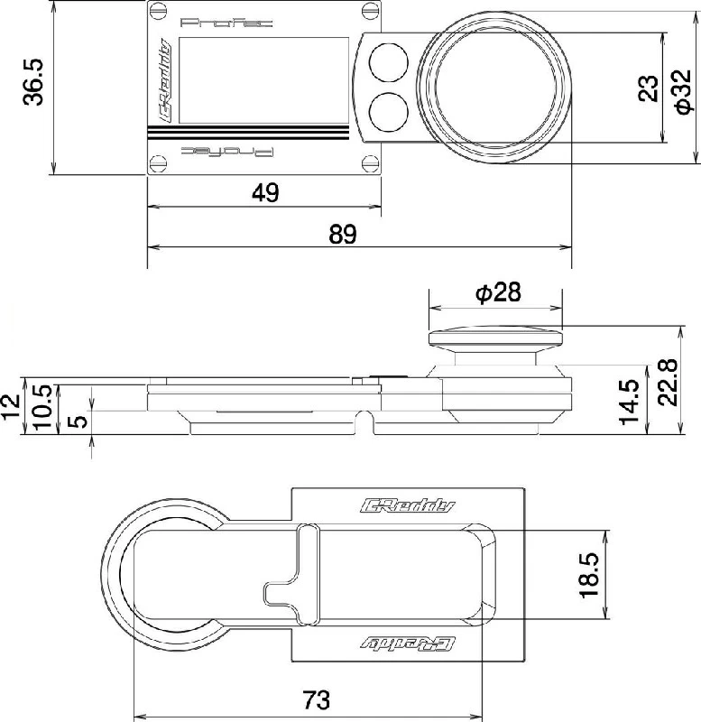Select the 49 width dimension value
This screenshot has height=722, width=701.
point(265,192)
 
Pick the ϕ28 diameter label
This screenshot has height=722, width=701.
point(496,292)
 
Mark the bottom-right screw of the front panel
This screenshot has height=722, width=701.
point(369,162)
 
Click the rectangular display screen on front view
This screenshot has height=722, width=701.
point(265,79)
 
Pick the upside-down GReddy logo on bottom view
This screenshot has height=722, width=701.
point(408,643)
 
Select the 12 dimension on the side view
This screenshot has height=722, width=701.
point(11,403)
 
